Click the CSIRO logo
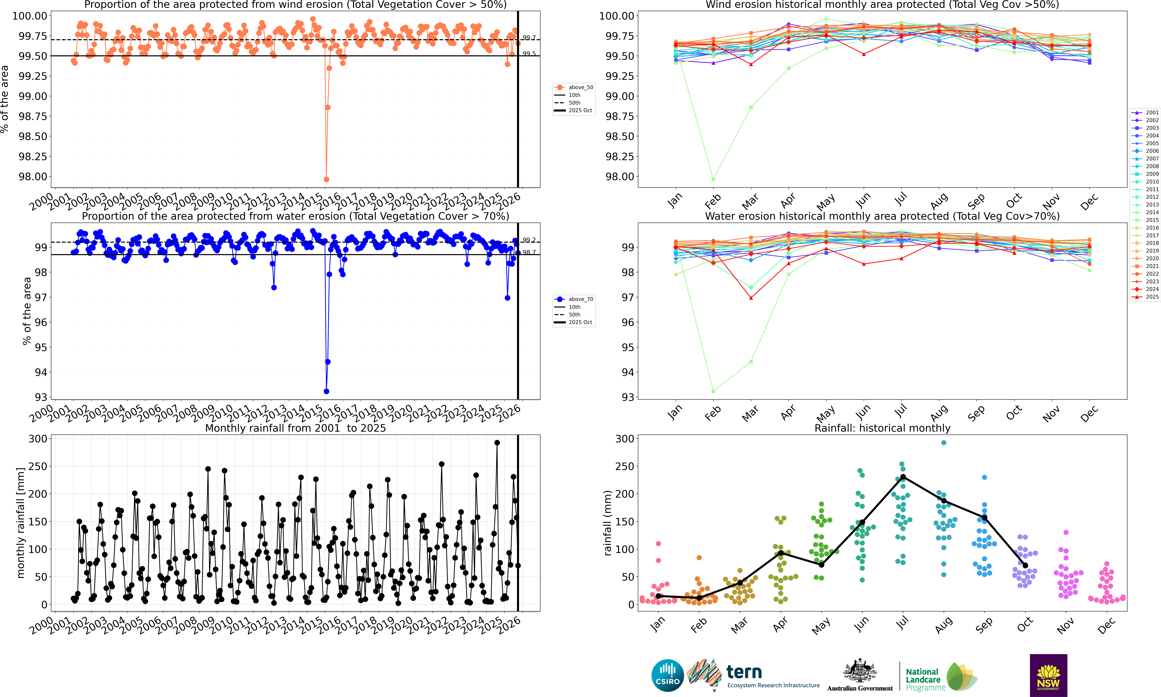click(x=667, y=675)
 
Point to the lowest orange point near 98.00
click(x=326, y=179)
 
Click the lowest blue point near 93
click(x=326, y=391)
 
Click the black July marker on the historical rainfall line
click(x=903, y=477)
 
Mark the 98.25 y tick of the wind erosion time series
click(x=33, y=156)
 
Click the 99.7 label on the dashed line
click(x=529, y=38)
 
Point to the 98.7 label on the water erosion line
click(x=529, y=252)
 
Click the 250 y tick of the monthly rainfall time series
click(x=38, y=466)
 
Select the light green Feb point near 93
click(x=713, y=391)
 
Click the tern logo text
click(x=744, y=672)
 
